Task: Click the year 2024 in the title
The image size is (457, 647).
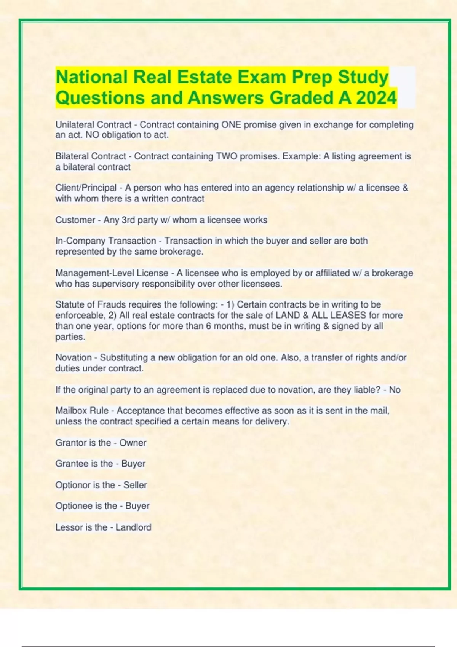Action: pyautogui.click(x=376, y=98)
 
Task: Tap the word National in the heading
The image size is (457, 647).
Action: pyautogui.click(x=91, y=77)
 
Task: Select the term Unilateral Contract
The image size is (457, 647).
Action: pyautogui.click(x=93, y=125)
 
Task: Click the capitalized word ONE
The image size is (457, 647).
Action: pyautogui.click(x=231, y=125)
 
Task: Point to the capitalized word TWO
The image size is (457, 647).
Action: pyautogui.click(x=227, y=156)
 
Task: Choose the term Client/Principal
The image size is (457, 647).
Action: pyautogui.click(x=86, y=188)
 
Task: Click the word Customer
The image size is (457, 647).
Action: pyautogui.click(x=75, y=220)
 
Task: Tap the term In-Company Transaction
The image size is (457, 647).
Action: pyautogui.click(x=105, y=241)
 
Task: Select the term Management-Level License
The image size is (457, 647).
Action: pyautogui.click(x=112, y=273)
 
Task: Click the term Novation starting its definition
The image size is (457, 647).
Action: pyautogui.click(x=74, y=358)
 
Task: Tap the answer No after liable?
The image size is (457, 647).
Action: pyautogui.click(x=395, y=390)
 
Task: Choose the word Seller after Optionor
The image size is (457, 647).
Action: pyautogui.click(x=135, y=485)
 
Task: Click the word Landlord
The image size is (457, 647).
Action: pyautogui.click(x=133, y=527)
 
